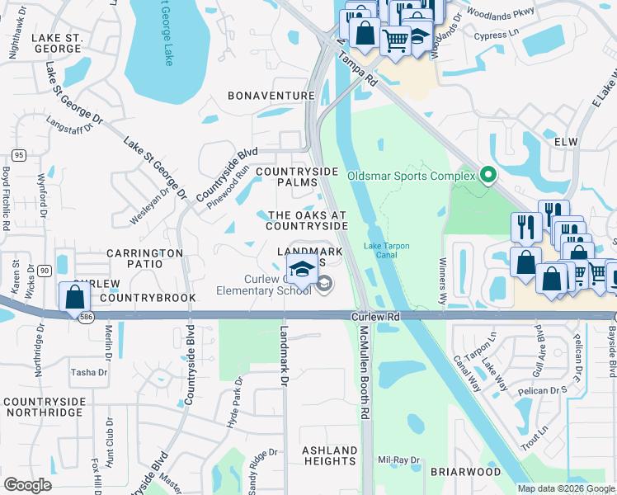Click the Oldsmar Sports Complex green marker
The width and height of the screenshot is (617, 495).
coord(487,175)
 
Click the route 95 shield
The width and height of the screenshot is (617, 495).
coord(17,154)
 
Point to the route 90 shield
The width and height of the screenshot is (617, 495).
coord(44,271)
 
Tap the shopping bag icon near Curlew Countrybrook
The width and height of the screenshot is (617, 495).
coord(74,296)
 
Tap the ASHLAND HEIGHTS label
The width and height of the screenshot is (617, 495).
coord(329,456)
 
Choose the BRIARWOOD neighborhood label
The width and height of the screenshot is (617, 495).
coord(465,472)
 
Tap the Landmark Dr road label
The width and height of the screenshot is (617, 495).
coord(284,346)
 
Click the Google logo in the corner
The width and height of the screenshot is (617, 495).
coord(28,485)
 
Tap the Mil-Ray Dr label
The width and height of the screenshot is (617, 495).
coord(398,460)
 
